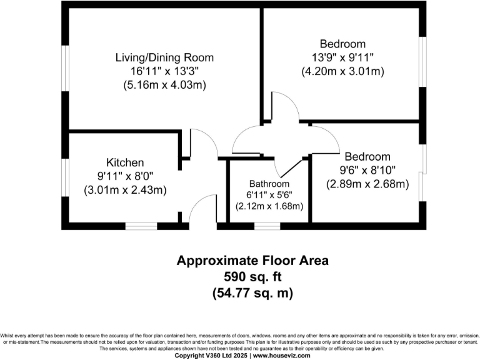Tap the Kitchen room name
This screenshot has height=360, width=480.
(x=125, y=162)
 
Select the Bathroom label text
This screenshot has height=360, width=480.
(x=269, y=184)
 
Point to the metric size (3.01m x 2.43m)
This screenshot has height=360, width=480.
(x=125, y=190)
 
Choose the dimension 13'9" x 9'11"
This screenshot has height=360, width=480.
(x=342, y=57)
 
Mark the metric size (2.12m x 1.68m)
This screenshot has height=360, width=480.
(x=269, y=206)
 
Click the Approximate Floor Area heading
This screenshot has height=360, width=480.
(x=252, y=260)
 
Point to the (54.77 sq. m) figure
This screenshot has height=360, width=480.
(x=252, y=292)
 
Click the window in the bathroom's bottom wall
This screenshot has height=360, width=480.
(x=267, y=226)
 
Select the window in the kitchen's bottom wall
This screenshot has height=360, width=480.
(x=141, y=226)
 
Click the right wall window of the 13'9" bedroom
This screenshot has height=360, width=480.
(x=423, y=60)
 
